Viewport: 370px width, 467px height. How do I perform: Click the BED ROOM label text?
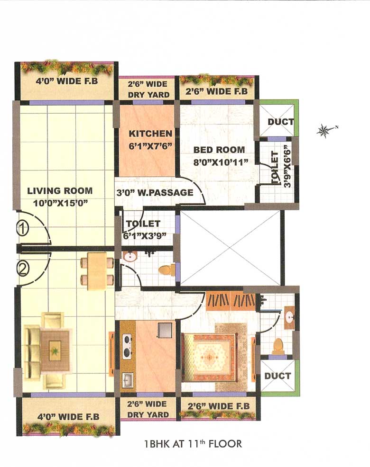(219, 150)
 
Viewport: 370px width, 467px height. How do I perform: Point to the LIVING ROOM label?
(60, 191)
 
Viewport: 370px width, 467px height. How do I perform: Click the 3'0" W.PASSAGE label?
(155, 193)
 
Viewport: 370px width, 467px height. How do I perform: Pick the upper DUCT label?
(280, 122)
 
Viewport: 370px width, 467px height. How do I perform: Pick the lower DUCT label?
(277, 376)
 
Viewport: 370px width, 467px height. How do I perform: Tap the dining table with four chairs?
(97, 271)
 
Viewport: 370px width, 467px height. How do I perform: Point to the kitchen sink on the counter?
(128, 379)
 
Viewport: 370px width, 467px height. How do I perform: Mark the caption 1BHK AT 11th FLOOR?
(193, 444)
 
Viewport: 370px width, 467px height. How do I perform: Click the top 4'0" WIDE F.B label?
(67, 81)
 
